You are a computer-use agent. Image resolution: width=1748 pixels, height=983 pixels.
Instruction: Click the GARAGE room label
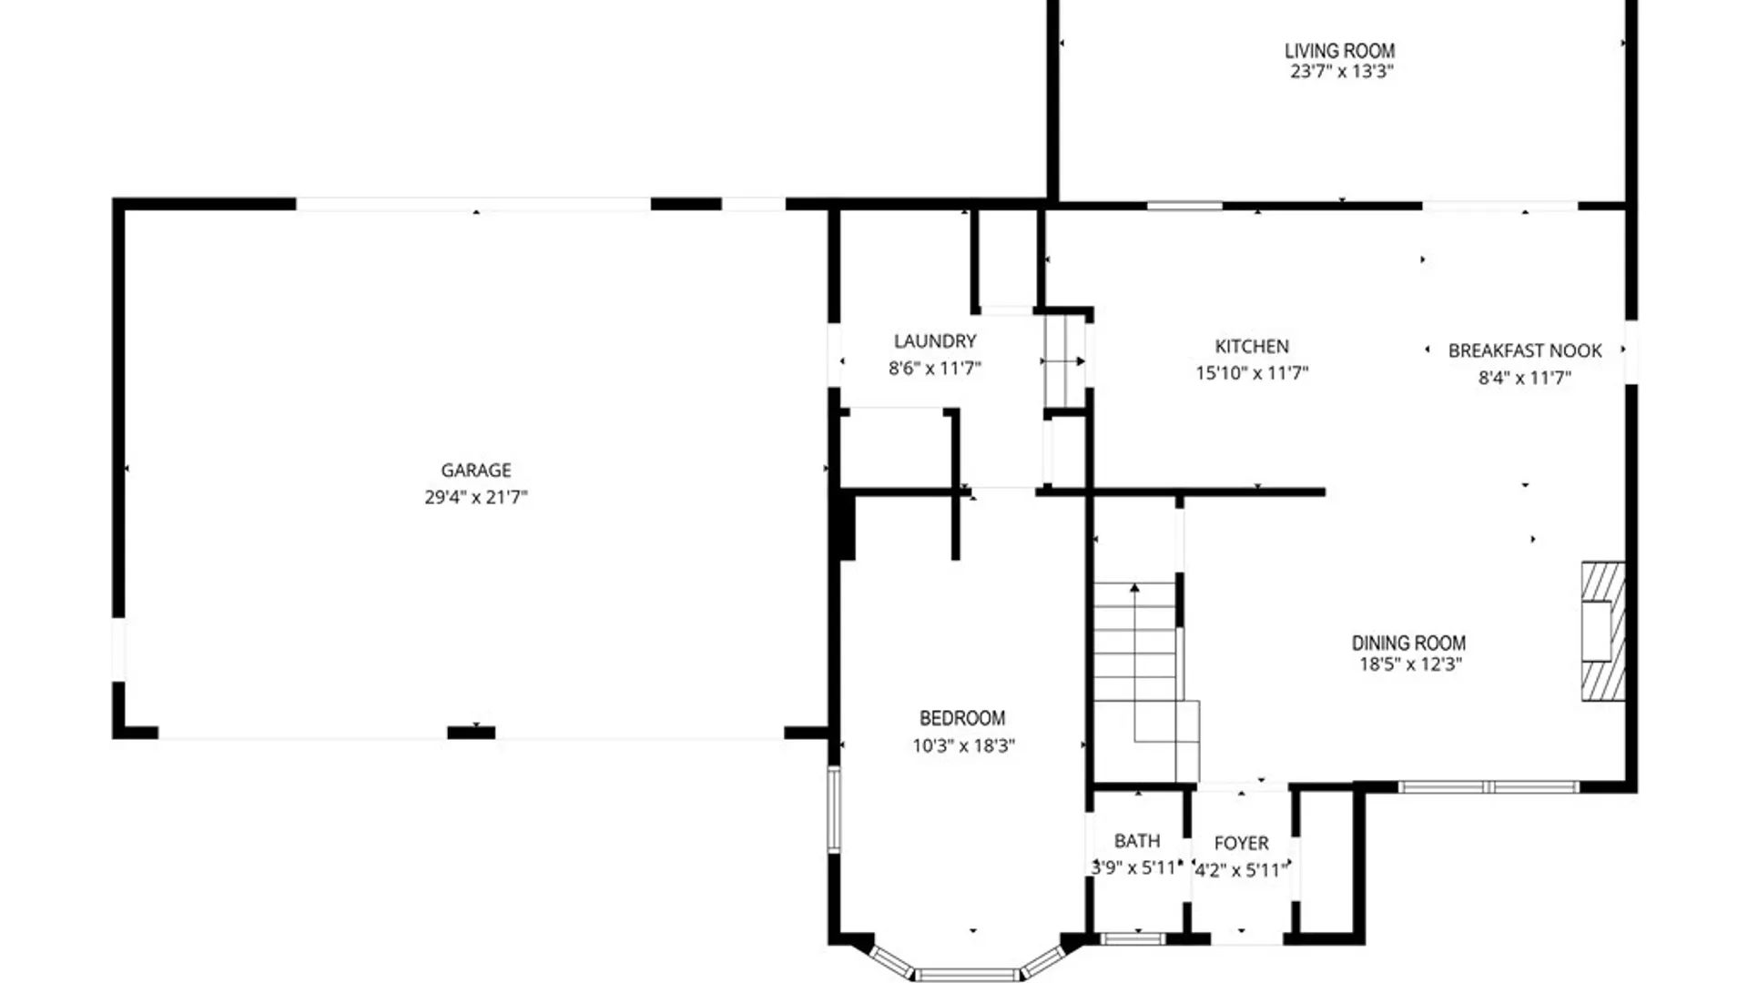pos(476,471)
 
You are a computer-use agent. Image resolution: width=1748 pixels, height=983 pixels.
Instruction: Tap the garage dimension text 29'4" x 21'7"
pos(476,497)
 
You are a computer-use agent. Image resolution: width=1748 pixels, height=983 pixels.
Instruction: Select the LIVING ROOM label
pos(1339,51)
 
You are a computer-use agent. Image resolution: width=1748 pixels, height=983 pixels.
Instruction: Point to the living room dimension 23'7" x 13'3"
pos(1342,72)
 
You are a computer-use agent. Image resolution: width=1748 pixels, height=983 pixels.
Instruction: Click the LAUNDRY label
pos(935,341)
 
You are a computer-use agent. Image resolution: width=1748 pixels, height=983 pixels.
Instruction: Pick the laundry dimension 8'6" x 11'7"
pos(935,369)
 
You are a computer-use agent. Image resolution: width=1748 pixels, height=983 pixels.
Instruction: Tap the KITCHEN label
pos(1252,347)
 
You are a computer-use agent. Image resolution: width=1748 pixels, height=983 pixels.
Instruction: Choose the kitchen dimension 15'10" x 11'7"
pos(1252,373)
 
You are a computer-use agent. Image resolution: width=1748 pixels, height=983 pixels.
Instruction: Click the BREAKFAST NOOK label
pos(1525,350)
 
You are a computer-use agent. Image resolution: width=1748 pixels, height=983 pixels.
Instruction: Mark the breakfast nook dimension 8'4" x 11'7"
pos(1525,378)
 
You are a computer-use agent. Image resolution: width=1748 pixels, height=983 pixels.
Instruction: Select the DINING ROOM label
pos(1408,643)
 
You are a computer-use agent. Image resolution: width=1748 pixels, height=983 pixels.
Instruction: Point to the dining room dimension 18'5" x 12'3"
pos(1410,664)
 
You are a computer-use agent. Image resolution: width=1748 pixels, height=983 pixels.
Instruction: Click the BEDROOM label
pos(962,718)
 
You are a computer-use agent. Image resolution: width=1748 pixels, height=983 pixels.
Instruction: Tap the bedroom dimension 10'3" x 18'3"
pos(963,746)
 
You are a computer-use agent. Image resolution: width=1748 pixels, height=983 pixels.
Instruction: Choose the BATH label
pos(1137,841)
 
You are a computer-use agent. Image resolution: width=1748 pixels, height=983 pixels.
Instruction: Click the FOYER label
pos(1241,844)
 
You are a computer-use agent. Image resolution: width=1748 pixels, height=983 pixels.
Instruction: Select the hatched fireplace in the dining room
pos(1603,631)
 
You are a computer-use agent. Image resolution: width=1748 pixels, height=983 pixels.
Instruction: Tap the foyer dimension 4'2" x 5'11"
pos(1242,871)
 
